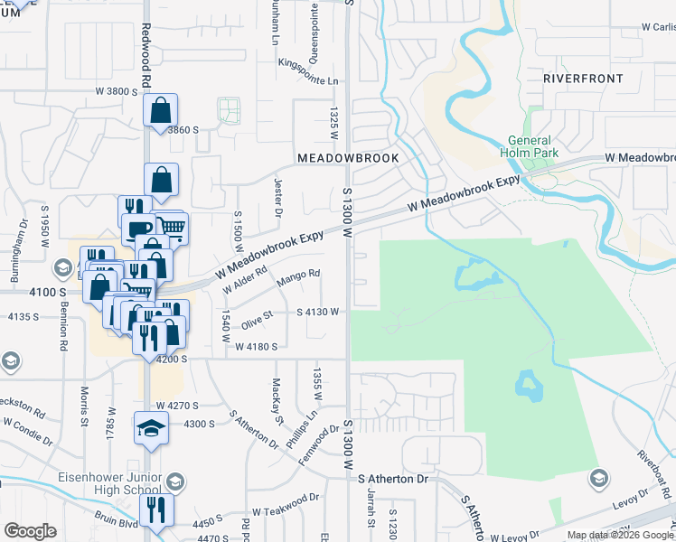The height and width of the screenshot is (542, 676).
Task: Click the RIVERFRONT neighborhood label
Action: [583, 79]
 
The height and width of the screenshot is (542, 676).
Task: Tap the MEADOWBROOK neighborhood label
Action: [348, 157]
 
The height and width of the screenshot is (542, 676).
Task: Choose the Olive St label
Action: [257, 318]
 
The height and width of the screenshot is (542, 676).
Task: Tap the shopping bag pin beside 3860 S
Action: [160, 111]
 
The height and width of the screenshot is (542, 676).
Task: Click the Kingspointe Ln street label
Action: [313, 80]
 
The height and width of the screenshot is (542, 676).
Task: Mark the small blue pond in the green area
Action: [528, 386]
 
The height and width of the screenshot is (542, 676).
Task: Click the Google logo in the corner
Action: [30, 531]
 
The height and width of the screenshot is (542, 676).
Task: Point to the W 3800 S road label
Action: [117, 92]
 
